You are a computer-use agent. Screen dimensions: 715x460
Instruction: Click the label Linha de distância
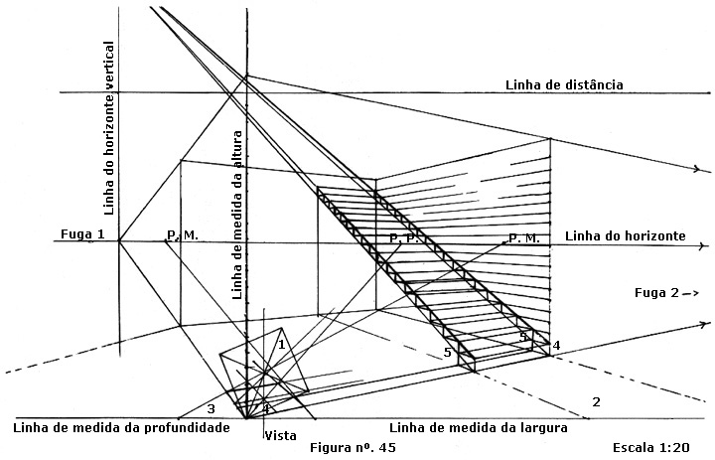[564, 84]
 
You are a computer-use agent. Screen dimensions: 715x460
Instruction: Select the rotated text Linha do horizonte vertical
[109, 128]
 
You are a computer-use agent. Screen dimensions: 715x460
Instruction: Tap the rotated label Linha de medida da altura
[237, 215]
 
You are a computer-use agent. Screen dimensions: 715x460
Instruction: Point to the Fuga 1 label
[82, 234]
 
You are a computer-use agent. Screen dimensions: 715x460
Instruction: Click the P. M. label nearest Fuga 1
[183, 235]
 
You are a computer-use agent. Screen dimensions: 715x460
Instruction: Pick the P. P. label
[404, 238]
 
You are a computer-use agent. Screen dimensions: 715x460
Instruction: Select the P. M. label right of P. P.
[524, 238]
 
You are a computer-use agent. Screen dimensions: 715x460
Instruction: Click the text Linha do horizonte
[626, 235]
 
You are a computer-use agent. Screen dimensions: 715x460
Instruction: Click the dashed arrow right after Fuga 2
[691, 293]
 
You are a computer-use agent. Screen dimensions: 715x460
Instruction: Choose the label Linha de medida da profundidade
[121, 428]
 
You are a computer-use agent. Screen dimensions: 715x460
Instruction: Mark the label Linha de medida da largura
[479, 428]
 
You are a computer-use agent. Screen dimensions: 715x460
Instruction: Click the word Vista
[280, 436]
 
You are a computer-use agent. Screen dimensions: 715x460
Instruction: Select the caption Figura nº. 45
[353, 448]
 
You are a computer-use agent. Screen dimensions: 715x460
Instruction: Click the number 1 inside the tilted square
[282, 344]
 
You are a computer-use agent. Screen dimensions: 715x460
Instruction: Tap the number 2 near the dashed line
[596, 402]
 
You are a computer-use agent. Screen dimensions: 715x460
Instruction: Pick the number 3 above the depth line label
[211, 408]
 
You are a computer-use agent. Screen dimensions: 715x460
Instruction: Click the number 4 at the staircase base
[556, 346]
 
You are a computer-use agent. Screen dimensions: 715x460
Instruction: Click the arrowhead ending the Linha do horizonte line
[706, 246]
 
